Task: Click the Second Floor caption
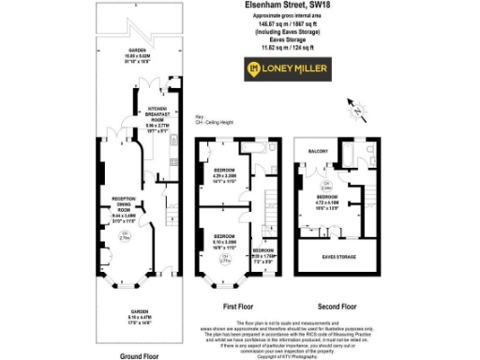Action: (x=335, y=307)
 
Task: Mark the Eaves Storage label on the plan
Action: (x=336, y=255)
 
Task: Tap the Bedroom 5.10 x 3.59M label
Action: (x=222, y=238)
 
